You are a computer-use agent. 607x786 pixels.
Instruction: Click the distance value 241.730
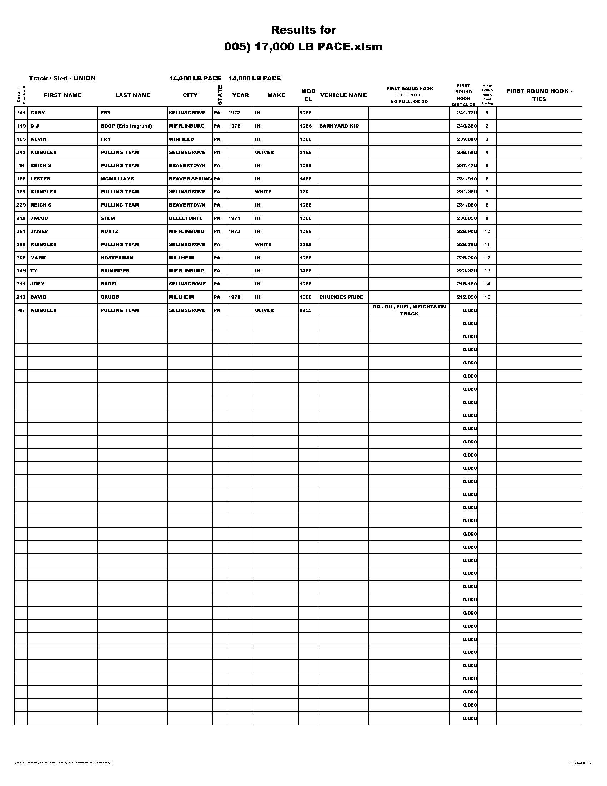(466, 113)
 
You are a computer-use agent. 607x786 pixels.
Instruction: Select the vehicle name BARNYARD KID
(339, 126)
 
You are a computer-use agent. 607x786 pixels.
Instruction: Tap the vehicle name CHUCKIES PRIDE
(341, 297)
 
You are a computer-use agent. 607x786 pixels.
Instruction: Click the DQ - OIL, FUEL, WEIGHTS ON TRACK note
(409, 310)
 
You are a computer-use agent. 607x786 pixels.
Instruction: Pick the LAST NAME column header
(133, 95)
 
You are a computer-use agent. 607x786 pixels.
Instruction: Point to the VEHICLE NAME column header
(343, 95)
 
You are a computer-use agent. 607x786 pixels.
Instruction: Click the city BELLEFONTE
(186, 218)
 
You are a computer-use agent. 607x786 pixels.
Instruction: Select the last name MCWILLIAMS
(117, 179)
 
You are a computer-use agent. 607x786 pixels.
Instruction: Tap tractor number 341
(21, 113)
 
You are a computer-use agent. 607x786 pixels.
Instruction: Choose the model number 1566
(305, 297)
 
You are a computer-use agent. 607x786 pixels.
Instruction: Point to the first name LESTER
(40, 179)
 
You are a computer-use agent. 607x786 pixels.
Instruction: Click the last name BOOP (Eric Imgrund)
(126, 126)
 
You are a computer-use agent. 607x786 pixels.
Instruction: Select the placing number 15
(487, 297)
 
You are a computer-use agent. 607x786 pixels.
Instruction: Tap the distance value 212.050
(466, 297)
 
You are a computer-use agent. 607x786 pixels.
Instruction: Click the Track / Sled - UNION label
(62, 79)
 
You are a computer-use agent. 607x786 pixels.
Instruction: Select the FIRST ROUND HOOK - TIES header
(539, 95)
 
